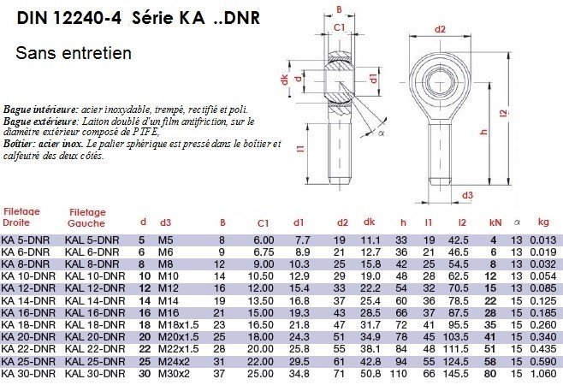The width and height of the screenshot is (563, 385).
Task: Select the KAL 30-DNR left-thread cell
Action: (95, 374)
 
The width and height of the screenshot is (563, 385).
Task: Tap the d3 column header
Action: (165, 222)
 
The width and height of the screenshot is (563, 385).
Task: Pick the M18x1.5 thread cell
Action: (179, 325)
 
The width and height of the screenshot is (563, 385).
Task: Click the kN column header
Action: (495, 222)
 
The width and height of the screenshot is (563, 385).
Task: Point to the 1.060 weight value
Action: (543, 374)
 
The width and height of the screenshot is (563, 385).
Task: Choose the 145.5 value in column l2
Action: (456, 374)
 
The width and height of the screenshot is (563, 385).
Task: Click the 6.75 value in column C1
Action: (264, 252)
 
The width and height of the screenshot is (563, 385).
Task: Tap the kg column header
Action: (543, 222)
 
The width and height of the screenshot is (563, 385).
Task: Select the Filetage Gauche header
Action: (87, 218)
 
